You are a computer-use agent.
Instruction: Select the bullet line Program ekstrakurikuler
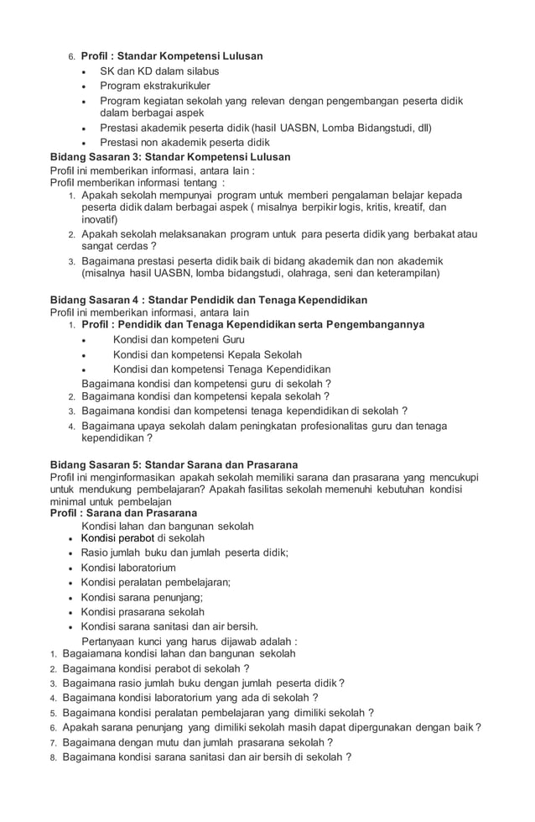tap(155, 86)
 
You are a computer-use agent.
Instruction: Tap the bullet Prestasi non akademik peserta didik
tap(179, 143)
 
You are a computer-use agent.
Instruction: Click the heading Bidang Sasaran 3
tap(170, 157)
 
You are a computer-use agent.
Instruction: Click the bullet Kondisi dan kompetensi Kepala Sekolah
tap(207, 354)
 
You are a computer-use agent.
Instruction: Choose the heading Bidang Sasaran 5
tap(174, 464)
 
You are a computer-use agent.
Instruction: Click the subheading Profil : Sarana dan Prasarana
tap(123, 513)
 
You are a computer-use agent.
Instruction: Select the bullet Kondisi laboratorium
tap(128, 568)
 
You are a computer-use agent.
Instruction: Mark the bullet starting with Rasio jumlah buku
tap(184, 552)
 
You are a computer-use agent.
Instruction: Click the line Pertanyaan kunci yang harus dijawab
tap(189, 641)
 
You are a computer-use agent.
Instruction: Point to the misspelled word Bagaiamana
tap(94, 653)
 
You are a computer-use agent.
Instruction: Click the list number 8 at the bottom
tap(52, 757)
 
